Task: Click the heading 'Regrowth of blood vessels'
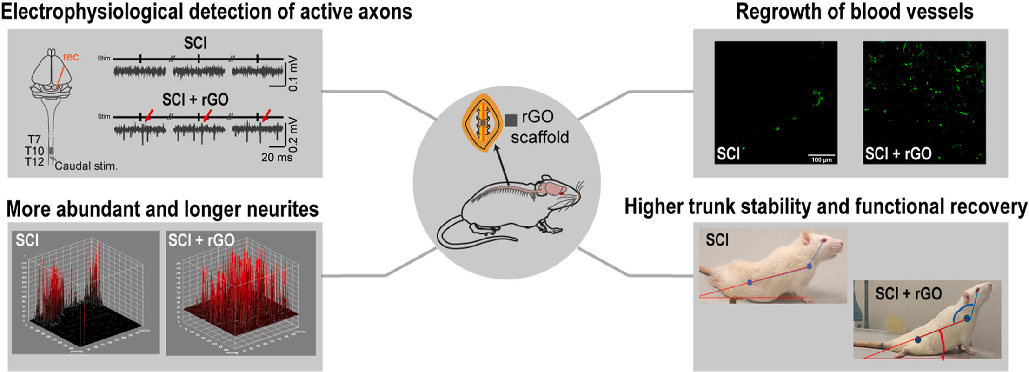(x=854, y=12)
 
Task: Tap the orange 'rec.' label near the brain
(x=72, y=57)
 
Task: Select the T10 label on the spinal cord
(x=34, y=151)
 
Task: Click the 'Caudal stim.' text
(x=86, y=166)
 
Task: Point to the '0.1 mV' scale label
(x=293, y=74)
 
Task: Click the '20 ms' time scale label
(x=277, y=157)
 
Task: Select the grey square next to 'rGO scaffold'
(x=511, y=120)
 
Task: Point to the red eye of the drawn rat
(x=562, y=193)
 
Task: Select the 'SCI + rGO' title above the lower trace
(x=195, y=100)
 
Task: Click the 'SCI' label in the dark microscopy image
(x=728, y=154)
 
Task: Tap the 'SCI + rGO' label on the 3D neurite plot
(x=201, y=240)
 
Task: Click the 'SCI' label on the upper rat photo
(x=717, y=240)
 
